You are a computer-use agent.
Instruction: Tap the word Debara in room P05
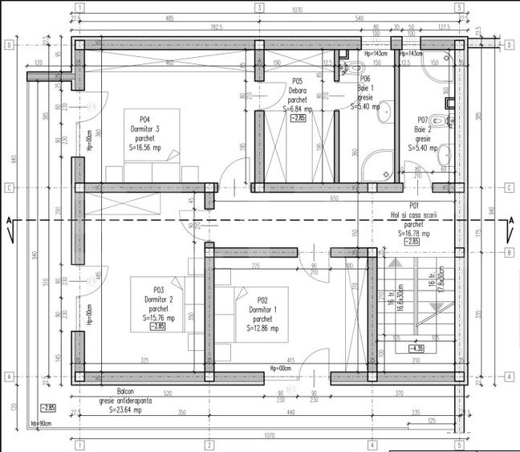click(297, 91)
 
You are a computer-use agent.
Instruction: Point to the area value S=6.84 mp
click(297, 108)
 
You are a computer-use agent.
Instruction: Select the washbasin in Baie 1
click(384, 112)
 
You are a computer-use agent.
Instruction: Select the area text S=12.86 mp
click(264, 328)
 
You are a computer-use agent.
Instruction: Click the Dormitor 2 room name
click(157, 299)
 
